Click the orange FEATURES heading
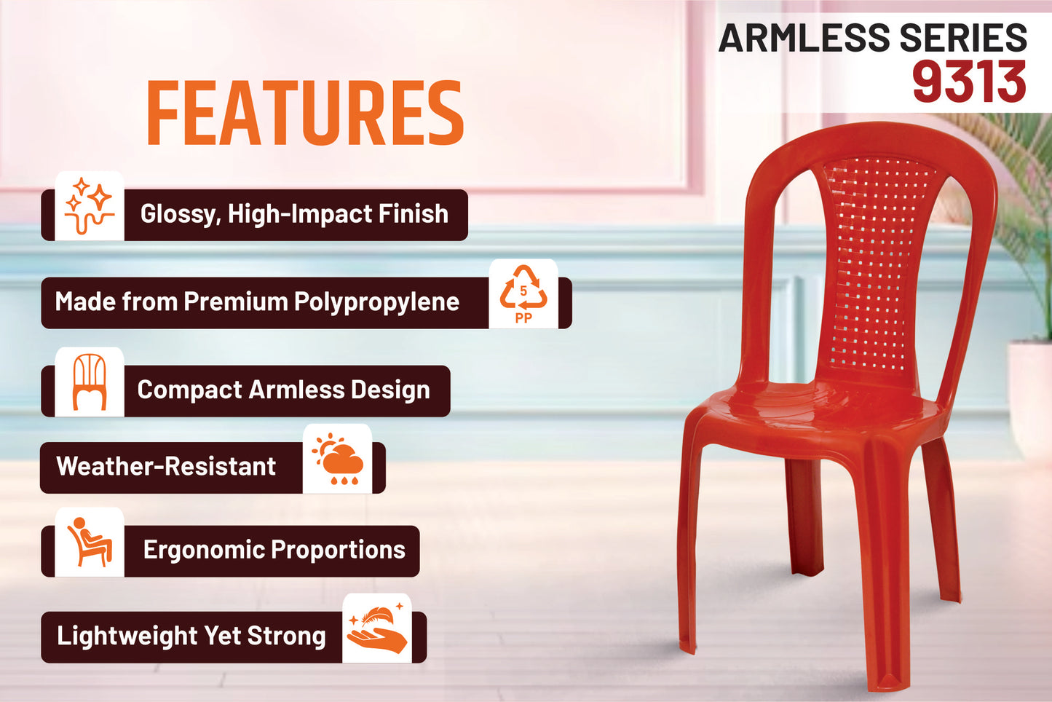tap(306, 113)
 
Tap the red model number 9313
tap(970, 82)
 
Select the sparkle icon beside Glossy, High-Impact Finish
tap(90, 206)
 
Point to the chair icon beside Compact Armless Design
tap(90, 382)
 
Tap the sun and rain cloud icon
tap(337, 459)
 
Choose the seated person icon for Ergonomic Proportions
tap(90, 542)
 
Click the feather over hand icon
tap(377, 628)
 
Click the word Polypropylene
tap(376, 302)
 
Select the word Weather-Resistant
tap(166, 466)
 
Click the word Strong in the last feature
tap(287, 636)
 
